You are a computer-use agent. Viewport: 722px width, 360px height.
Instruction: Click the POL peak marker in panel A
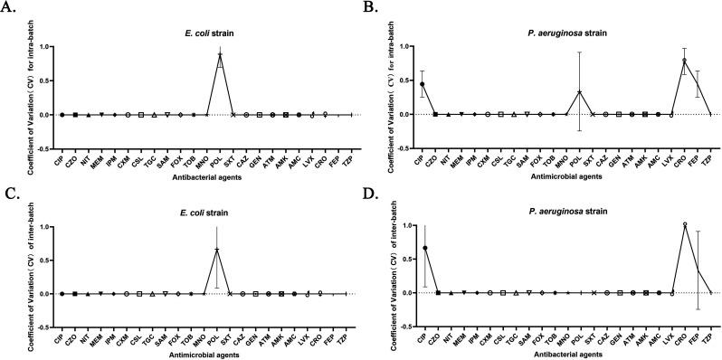[220, 55]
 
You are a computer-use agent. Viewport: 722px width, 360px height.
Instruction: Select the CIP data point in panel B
[423, 84]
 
